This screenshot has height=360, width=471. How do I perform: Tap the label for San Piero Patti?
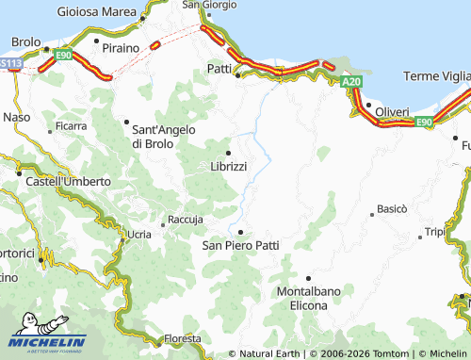(x=241, y=245)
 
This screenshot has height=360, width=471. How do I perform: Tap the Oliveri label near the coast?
(x=392, y=111)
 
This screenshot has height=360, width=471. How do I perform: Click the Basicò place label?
(x=392, y=207)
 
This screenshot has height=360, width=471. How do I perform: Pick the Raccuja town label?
(x=185, y=220)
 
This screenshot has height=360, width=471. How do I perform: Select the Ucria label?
(x=138, y=233)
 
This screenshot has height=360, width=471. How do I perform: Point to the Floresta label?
(x=182, y=338)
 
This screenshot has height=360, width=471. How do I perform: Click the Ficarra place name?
(x=71, y=124)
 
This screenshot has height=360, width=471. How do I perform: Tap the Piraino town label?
(x=120, y=46)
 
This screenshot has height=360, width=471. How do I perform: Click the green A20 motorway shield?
(x=351, y=82)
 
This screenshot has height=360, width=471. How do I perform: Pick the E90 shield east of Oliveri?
(x=423, y=122)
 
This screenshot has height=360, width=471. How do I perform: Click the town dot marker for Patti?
(x=238, y=75)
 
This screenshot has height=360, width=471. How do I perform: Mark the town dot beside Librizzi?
(x=228, y=153)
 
